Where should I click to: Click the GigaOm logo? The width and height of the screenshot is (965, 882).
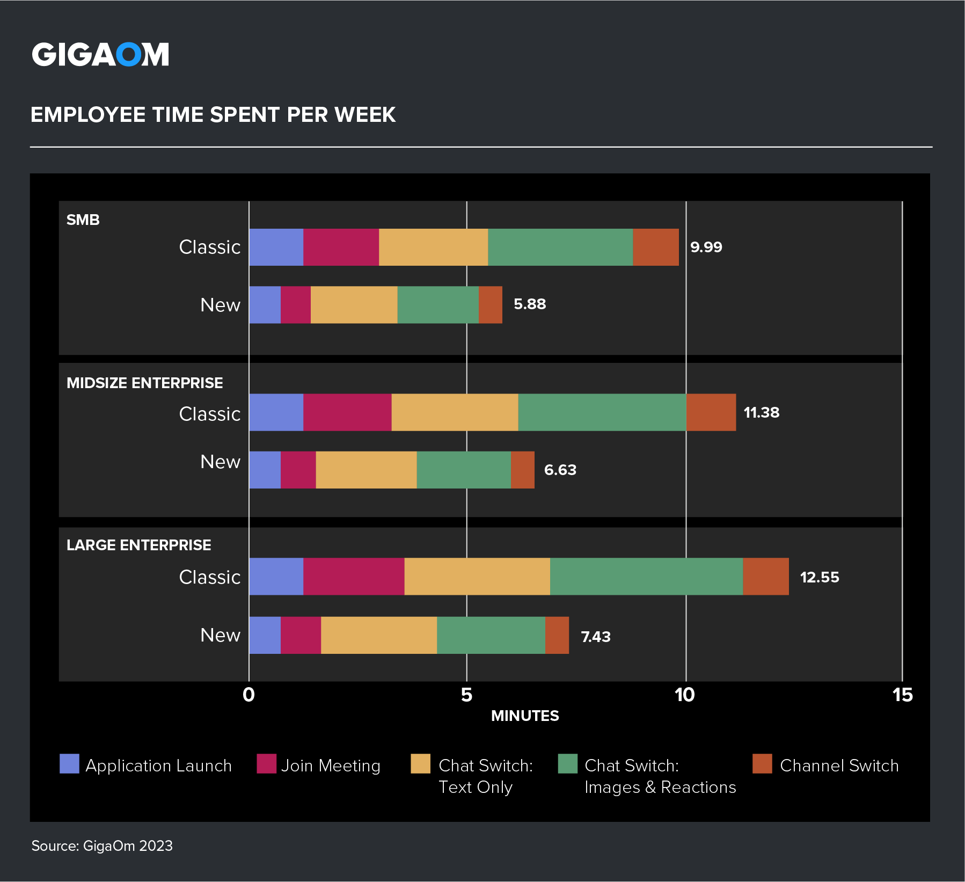(100, 54)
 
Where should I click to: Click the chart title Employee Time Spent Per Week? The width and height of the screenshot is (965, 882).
(213, 115)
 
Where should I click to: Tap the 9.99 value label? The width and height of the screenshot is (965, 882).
(706, 247)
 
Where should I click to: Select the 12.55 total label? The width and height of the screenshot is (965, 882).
(819, 577)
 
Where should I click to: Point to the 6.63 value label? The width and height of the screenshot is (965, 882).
(560, 470)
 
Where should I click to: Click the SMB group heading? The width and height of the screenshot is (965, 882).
(83, 220)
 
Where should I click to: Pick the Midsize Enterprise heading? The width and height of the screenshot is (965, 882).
(144, 383)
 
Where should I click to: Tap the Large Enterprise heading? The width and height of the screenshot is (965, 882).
(138, 545)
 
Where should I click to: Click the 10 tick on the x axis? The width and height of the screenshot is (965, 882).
(685, 695)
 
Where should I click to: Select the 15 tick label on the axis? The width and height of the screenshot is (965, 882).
(902, 695)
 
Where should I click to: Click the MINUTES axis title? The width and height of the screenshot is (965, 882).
(525, 716)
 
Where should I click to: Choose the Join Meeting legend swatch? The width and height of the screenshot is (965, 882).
(266, 763)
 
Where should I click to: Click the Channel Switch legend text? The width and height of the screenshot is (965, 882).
(839, 766)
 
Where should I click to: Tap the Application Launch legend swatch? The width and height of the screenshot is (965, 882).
(69, 763)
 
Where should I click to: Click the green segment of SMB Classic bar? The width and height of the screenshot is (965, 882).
(560, 247)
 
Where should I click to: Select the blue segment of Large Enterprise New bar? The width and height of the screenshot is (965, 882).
(265, 635)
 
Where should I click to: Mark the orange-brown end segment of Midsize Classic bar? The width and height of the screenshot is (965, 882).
(711, 412)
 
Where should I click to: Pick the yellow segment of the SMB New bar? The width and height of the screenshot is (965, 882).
(354, 305)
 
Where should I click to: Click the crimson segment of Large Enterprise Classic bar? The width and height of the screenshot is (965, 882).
(353, 577)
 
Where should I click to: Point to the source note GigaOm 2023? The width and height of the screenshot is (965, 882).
(102, 846)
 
